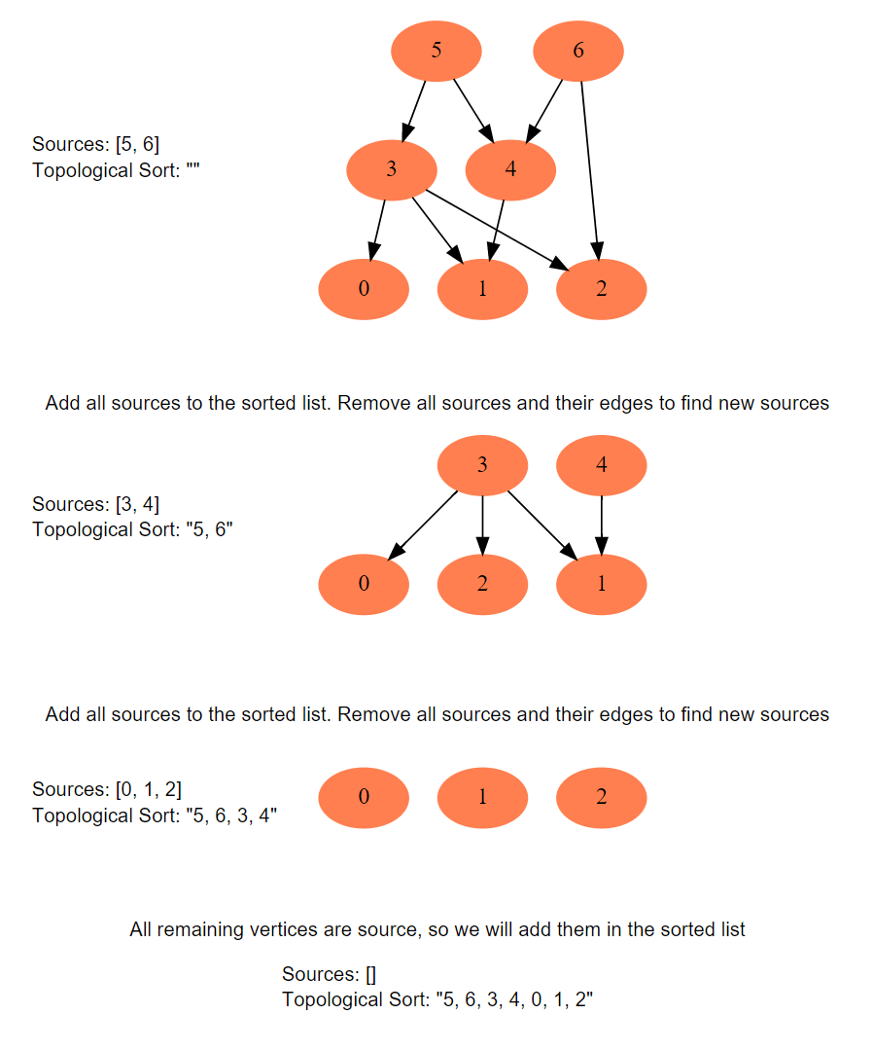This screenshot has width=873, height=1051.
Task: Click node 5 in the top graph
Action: [436, 51]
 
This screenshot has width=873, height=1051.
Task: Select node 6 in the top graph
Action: [578, 51]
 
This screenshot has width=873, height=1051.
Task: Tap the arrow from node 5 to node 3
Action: [416, 110]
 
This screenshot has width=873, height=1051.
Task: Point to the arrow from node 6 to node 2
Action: [589, 165]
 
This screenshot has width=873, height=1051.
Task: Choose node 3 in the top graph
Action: [391, 169]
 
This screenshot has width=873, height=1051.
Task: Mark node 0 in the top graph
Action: [364, 289]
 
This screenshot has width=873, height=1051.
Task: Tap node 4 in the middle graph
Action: [601, 465]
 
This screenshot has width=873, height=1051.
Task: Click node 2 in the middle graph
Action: [482, 584]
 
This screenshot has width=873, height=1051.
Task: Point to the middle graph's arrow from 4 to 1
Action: [602, 524]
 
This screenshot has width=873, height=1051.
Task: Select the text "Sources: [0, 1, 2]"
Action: [107, 788]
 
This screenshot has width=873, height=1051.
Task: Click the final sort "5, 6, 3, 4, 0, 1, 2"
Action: [513, 999]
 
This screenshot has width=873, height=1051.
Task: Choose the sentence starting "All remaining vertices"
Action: [437, 929]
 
